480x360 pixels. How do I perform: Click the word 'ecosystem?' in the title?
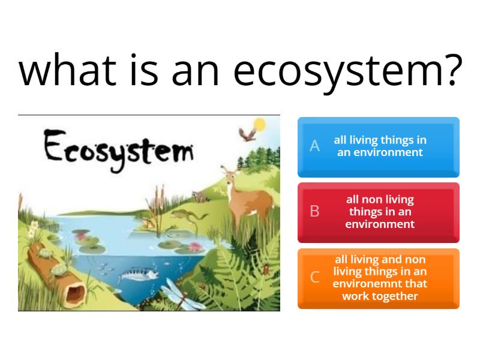point(347,71)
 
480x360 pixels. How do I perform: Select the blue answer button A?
point(379,147)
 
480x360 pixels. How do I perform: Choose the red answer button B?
point(379,212)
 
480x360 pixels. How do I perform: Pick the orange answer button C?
point(379,278)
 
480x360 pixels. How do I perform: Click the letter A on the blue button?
point(314,146)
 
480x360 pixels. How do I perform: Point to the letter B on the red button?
point(314,212)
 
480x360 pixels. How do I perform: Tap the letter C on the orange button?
point(314,278)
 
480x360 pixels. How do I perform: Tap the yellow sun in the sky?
point(259,125)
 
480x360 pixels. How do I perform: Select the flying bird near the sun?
point(245,134)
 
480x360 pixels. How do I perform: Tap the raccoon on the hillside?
point(199,195)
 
